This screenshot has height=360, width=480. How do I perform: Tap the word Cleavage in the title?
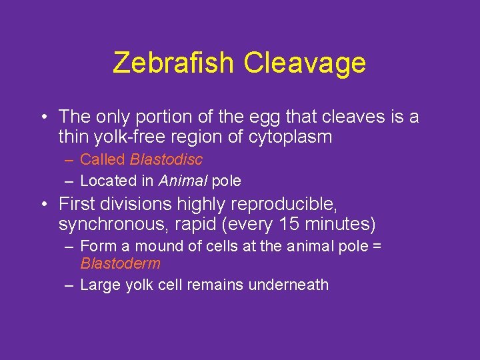[305, 63]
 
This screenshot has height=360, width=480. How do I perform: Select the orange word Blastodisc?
[166, 160]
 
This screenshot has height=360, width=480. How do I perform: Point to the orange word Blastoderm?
[120, 263]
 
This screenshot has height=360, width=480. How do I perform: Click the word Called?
[103, 160]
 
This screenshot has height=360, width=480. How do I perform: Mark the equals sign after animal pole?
[377, 247]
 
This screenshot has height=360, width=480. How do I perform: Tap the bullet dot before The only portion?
[43, 117]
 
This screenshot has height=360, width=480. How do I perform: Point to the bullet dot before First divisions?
[43, 203]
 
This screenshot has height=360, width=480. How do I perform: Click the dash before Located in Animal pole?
[69, 181]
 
